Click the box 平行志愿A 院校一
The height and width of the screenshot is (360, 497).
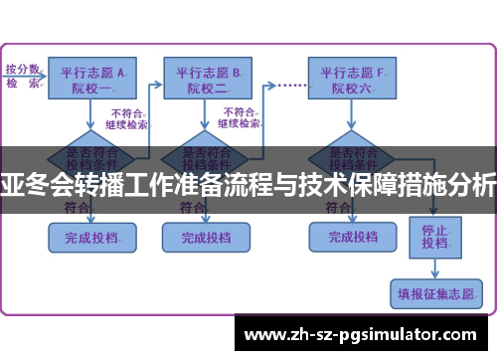(x=93, y=79)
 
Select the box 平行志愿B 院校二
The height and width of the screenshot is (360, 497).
(x=209, y=79)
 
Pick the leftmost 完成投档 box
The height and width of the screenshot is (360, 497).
(x=90, y=239)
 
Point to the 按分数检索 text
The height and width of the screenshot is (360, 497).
(x=22, y=76)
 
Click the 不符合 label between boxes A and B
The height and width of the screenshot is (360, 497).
(x=128, y=118)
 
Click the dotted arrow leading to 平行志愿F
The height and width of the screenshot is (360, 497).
(x=289, y=85)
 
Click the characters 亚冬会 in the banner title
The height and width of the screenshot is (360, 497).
(x=30, y=182)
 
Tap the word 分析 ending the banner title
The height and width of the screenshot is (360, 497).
(x=476, y=182)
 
